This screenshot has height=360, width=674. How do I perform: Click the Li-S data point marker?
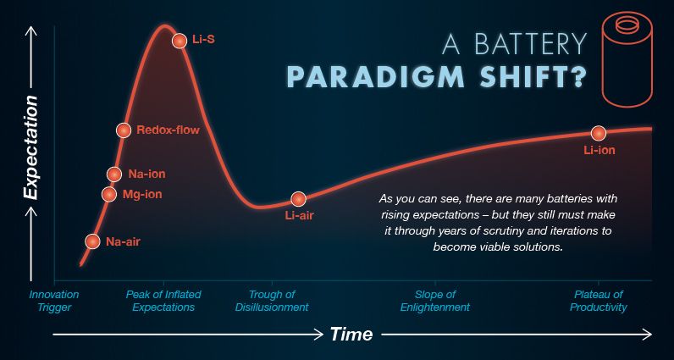point(180,41)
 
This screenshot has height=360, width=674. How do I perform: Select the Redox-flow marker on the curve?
point(124,130)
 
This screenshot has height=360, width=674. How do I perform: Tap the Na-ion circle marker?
point(114,174)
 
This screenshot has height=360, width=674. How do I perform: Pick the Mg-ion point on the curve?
point(109,195)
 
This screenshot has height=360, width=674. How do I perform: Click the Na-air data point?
point(92,241)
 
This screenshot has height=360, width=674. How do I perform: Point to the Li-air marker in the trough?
point(298,199)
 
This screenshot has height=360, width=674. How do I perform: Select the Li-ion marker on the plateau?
point(599,133)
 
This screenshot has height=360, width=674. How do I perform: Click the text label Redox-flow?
point(168,130)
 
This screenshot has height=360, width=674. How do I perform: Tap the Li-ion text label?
point(599,151)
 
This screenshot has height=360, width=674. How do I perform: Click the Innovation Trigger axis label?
point(54,301)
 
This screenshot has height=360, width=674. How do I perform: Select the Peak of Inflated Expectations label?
point(163,301)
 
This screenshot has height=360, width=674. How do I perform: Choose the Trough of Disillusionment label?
point(272,301)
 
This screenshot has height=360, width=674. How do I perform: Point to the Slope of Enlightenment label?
point(435,301)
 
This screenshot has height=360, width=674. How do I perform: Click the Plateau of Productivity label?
point(599,301)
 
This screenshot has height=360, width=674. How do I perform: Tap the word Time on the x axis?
point(351,335)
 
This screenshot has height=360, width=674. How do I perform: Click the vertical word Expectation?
point(30,147)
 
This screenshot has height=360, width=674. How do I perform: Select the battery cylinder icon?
point(627,60)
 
